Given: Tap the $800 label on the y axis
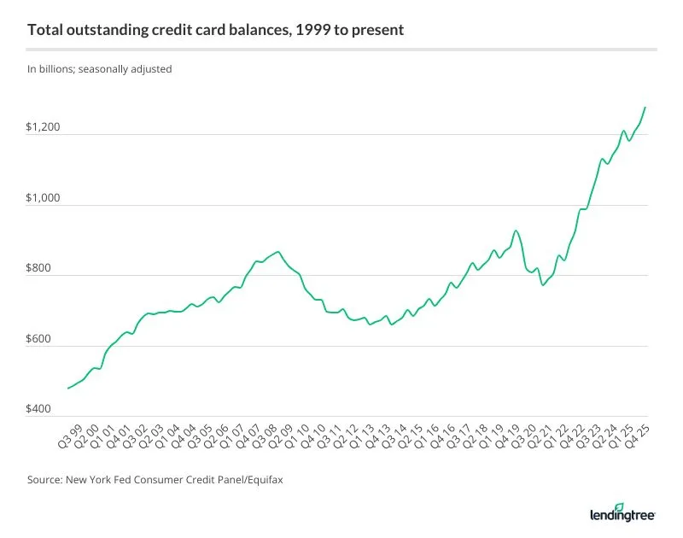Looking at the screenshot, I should pos(38,269).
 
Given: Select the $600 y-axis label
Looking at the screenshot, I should pos(38,340).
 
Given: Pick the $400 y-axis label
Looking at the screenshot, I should pos(38,410).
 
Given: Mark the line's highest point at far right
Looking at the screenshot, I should pos(645,108).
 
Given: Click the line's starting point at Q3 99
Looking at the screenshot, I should pos(68,388).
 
